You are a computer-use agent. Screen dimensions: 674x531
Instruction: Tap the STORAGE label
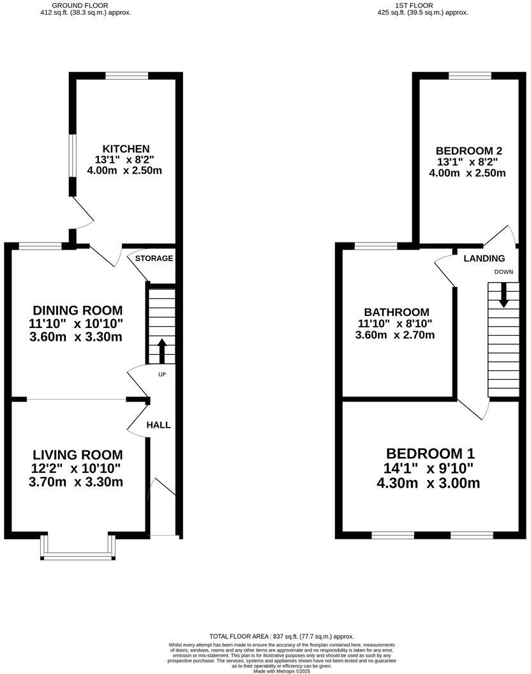(x=154, y=258)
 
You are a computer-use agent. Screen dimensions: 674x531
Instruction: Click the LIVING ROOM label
(x=77, y=455)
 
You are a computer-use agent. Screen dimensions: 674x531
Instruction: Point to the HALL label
(x=159, y=425)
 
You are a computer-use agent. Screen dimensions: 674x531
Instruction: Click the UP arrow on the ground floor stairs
(x=161, y=350)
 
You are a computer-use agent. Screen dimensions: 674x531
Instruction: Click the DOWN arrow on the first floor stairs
(x=504, y=295)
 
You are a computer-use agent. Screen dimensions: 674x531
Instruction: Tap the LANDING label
(x=484, y=258)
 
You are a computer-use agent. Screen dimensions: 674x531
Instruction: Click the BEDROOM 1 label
(x=430, y=454)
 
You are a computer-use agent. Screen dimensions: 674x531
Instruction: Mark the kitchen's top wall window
(x=127, y=75)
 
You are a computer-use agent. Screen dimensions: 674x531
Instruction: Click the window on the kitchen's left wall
(x=73, y=153)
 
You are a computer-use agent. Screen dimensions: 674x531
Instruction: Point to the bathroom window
(x=375, y=245)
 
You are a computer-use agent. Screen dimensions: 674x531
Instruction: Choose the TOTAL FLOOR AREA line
(x=281, y=636)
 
